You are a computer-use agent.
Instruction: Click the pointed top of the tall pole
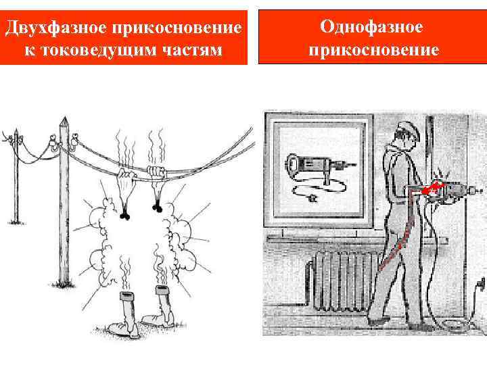[x=64, y=122]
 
